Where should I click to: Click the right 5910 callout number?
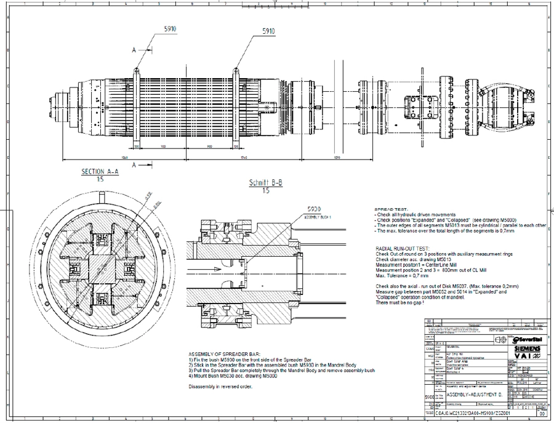[x=269, y=31]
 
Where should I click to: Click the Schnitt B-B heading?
[x=265, y=183]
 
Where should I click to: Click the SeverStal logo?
[x=528, y=338]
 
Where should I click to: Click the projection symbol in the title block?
[x=500, y=339]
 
